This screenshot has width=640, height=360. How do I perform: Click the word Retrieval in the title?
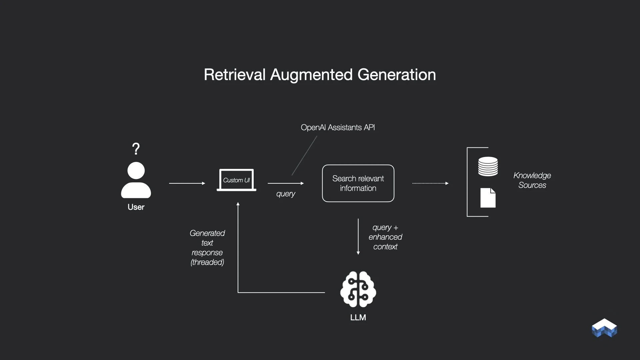point(235,75)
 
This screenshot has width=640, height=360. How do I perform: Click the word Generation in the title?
point(397,75)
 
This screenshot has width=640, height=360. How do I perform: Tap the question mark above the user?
point(136,149)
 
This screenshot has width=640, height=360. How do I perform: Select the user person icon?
point(136,180)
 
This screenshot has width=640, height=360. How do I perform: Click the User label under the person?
point(136,207)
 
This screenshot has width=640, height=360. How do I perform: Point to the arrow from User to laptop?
point(187,183)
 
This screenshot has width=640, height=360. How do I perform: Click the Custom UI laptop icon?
point(236,180)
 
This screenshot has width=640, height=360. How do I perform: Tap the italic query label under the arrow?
point(286,194)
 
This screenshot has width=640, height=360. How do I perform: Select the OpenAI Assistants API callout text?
point(338,127)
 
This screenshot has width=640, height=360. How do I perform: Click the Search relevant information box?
point(358,183)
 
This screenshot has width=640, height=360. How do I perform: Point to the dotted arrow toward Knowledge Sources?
point(430,183)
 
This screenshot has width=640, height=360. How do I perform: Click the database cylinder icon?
point(488,166)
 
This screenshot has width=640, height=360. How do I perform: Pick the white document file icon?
point(488,198)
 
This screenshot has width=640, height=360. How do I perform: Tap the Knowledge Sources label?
point(532,180)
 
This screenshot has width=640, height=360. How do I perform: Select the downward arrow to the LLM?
point(358,237)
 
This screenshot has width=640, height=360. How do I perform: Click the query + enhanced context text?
point(385,237)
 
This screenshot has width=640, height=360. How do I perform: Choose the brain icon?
point(358,289)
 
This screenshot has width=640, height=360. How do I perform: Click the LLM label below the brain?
point(358,318)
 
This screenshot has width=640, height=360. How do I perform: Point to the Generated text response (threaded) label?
point(207,248)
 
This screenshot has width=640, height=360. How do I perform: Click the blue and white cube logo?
point(604,328)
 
